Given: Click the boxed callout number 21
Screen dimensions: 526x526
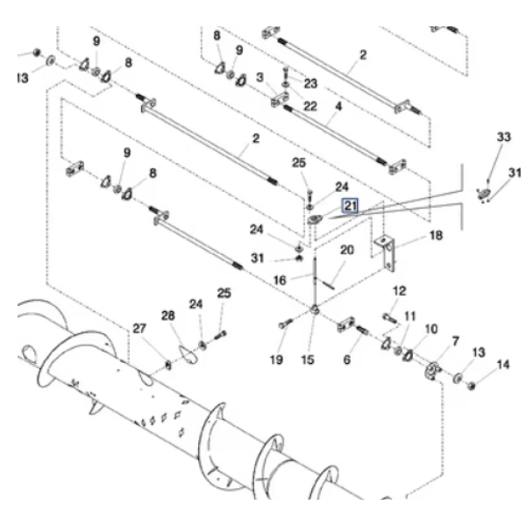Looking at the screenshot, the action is tap(350, 206).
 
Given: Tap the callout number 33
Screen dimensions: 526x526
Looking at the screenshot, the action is tap(503, 137).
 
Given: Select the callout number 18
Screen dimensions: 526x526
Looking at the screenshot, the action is tap(436, 236).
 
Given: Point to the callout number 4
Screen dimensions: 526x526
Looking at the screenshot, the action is tap(338, 107).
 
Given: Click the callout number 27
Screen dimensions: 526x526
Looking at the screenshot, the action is tap(139, 329).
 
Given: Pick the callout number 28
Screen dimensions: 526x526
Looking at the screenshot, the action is tap(168, 316).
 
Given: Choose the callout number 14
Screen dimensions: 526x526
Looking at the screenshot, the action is tap(503, 365).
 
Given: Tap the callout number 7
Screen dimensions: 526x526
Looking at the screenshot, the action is tap(455, 342).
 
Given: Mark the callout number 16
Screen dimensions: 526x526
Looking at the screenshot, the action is tap(281, 281).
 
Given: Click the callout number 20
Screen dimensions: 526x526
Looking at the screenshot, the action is tap(347, 250).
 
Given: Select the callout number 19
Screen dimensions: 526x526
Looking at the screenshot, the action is tap(276, 359).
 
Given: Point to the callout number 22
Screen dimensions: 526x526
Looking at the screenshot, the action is tap(310, 106).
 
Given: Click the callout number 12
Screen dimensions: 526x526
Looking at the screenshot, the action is tap(399, 291).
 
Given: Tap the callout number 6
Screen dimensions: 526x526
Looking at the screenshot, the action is tap(347, 359).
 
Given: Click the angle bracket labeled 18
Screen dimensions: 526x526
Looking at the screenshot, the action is tap(387, 253).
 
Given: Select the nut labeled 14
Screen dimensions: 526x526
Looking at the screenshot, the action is tap(472, 386).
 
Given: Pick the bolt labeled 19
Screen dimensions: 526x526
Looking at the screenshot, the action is tap(286, 323).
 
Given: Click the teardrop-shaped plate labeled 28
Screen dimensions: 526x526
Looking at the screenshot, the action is tap(188, 354).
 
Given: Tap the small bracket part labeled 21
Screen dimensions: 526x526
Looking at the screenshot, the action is tap(316, 220).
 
